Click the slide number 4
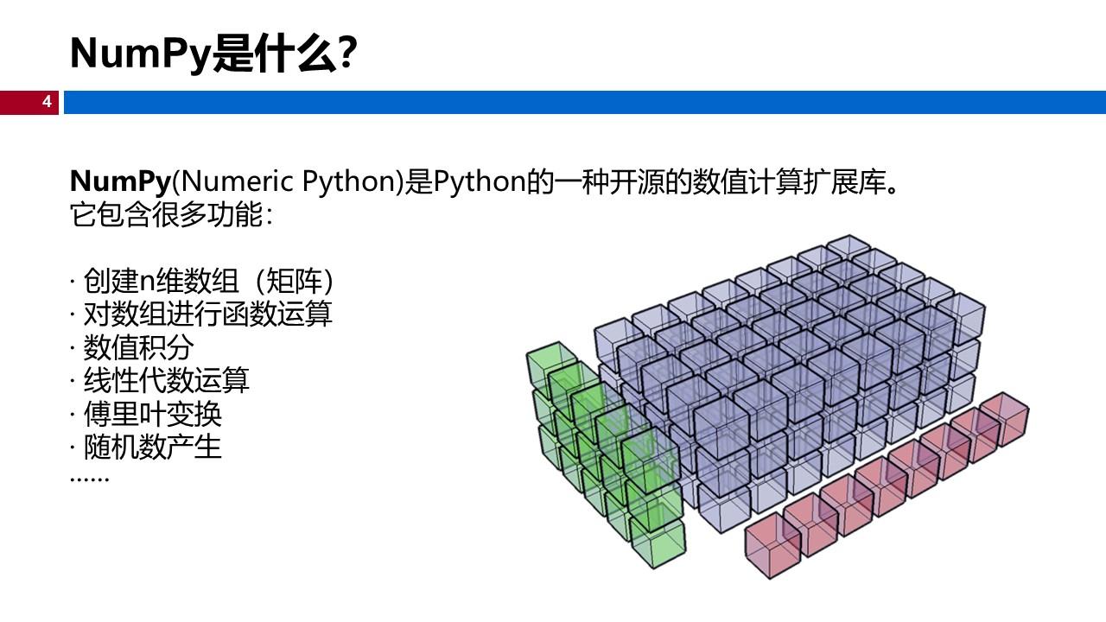coord(47,102)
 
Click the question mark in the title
coord(347,52)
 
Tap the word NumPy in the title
coord(141,54)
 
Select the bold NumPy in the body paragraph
coord(120,181)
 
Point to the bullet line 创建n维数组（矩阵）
coord(202,281)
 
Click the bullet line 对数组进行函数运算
coord(202,314)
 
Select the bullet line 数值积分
coord(132,347)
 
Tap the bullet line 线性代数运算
coord(160,380)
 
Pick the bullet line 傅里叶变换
coord(146,414)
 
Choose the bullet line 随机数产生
coord(146,447)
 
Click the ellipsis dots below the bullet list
coord(89,479)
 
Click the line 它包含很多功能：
coord(171,215)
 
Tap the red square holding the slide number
coord(29,102)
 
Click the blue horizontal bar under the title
coord(585,102)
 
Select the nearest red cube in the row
coord(772,545)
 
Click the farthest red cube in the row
coord(1004,420)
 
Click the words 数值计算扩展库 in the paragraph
coord(789,181)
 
